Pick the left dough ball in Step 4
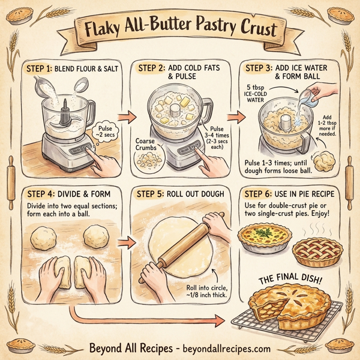coord(43,233)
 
